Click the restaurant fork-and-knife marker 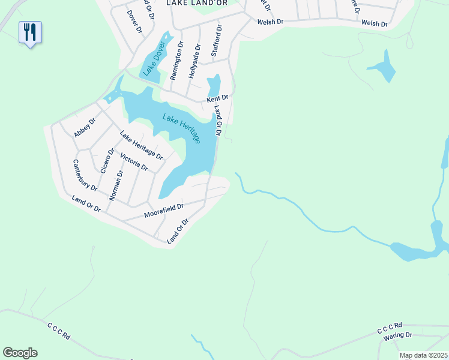point(30,32)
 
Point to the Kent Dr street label point(217,98)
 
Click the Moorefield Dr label point(163,210)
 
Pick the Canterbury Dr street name point(85,175)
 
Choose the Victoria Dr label point(133,162)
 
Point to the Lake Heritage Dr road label point(141,145)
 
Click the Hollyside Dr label point(194,62)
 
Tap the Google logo point(20,352)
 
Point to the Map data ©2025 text point(423,355)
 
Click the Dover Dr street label point(134,20)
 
